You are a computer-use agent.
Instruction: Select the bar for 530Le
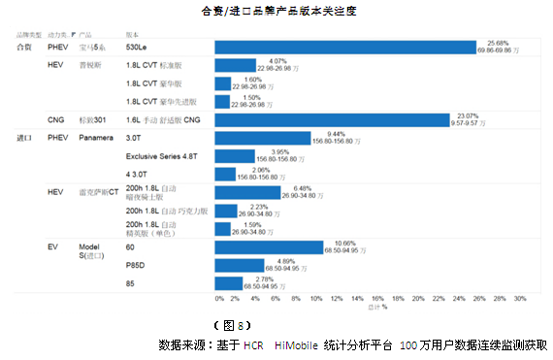coord(344,48)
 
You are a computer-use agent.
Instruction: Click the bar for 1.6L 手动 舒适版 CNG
coord(331,120)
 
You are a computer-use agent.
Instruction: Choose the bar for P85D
coord(238,265)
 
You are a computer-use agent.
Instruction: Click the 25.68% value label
coord(498,43)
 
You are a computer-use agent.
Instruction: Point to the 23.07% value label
coord(472,115)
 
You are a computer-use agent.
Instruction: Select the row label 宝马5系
coord(96,48)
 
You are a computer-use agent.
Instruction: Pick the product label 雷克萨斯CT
coord(100,193)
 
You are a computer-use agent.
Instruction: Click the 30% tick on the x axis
coord(519,298)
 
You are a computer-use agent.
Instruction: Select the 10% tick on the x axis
coord(316,298)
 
